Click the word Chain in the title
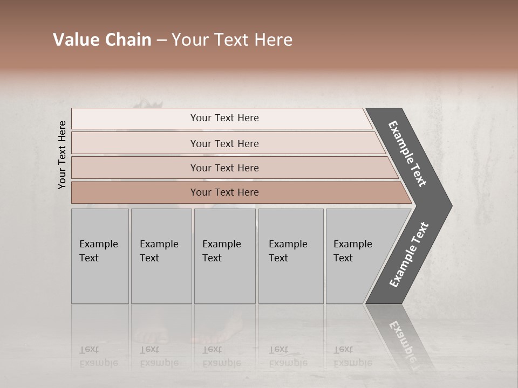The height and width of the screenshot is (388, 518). (128, 40)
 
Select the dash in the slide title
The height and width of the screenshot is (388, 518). (161, 40)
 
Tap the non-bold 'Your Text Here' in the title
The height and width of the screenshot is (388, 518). (232, 40)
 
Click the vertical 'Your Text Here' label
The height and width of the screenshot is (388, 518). (62, 155)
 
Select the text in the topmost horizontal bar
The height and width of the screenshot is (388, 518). (224, 118)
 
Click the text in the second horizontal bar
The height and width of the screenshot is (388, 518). (224, 143)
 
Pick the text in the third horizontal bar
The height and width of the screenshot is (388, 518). (224, 168)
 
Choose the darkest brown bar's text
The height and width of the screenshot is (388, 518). (224, 192)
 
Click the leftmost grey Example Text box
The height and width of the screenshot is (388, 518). (100, 255)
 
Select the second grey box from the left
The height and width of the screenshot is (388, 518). (161, 255)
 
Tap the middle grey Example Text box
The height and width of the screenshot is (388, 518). (224, 255)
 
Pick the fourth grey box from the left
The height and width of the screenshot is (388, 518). (290, 255)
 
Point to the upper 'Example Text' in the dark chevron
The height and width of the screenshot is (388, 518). (407, 154)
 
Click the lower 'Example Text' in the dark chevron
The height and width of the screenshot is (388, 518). (408, 255)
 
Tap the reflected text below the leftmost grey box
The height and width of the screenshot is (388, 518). (98, 356)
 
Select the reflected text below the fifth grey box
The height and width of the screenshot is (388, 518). (352, 356)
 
